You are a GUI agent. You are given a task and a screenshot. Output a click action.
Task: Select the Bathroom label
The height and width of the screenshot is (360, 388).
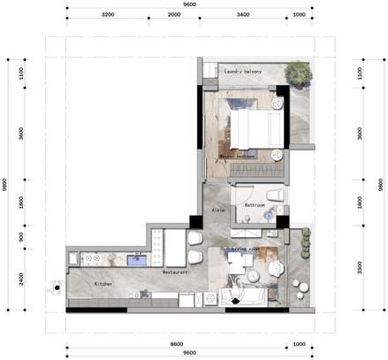255,204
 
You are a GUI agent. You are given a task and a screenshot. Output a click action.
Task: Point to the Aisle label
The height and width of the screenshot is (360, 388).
218,211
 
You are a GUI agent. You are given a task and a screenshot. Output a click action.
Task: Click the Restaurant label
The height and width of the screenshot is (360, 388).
177,272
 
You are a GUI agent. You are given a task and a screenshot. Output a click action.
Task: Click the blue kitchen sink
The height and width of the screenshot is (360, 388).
136,260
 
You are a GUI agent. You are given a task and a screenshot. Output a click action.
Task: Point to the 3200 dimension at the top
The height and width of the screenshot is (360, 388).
108,15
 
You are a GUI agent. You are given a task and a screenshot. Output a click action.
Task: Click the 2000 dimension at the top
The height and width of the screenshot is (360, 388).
175,15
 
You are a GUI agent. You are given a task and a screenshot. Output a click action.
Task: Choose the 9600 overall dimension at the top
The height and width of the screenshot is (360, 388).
189,4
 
